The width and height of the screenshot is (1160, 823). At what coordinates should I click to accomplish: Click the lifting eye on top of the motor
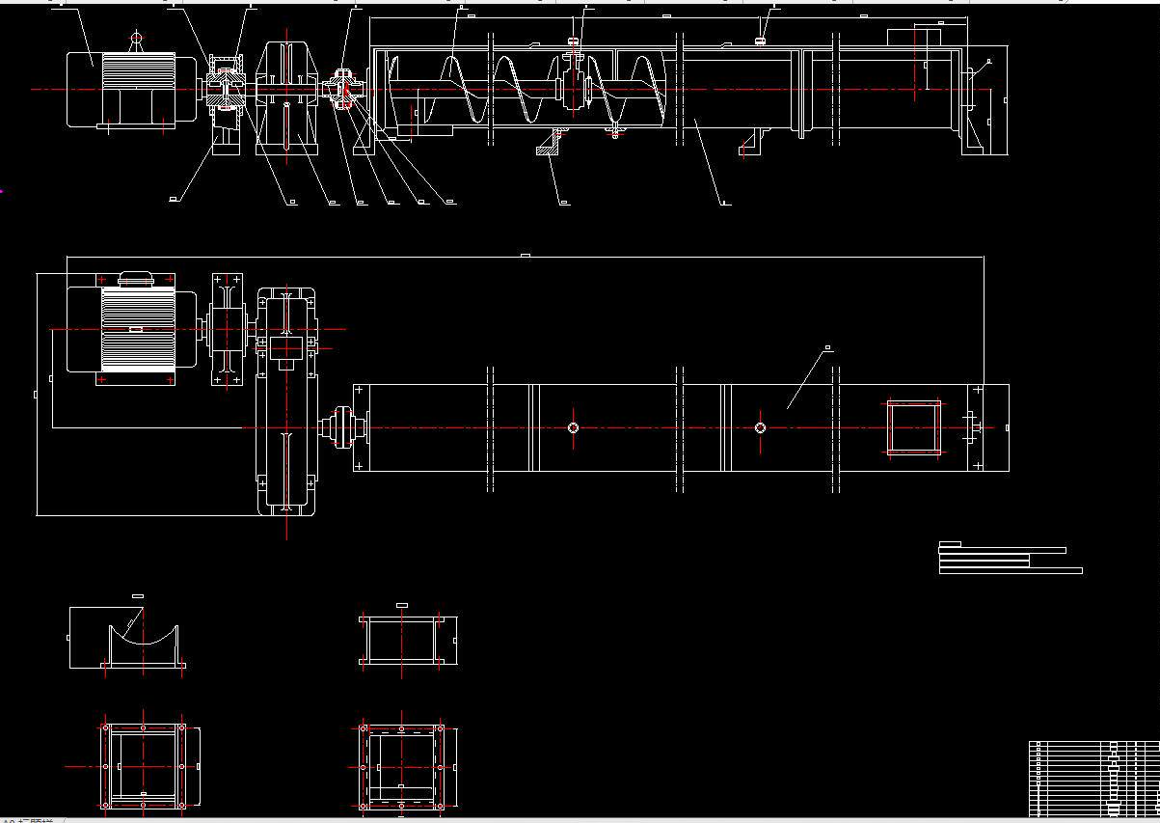point(136,40)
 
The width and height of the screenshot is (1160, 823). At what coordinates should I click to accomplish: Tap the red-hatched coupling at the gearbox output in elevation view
point(345,90)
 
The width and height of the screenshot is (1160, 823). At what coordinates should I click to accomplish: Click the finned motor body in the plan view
point(135,329)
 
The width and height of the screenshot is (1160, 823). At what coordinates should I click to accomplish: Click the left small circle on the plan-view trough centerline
point(573,427)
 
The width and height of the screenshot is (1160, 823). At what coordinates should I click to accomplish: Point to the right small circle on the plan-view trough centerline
point(760,427)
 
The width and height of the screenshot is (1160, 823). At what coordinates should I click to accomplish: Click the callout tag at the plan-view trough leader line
point(827,347)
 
